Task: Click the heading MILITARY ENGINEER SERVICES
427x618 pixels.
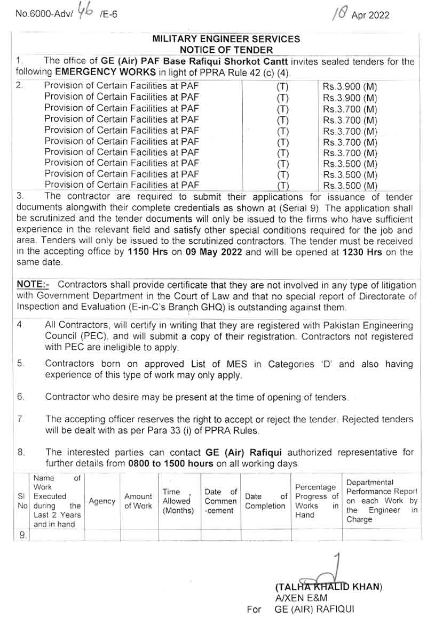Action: point(226,39)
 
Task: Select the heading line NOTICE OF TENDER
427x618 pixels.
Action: point(226,50)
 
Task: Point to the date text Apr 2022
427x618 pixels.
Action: point(370,15)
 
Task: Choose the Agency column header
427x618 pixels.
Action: point(102,501)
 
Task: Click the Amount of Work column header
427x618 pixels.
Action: point(138,501)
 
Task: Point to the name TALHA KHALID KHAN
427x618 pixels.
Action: point(329,587)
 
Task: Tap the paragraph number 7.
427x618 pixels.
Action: point(20,419)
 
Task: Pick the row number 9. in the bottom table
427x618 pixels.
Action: point(22,535)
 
